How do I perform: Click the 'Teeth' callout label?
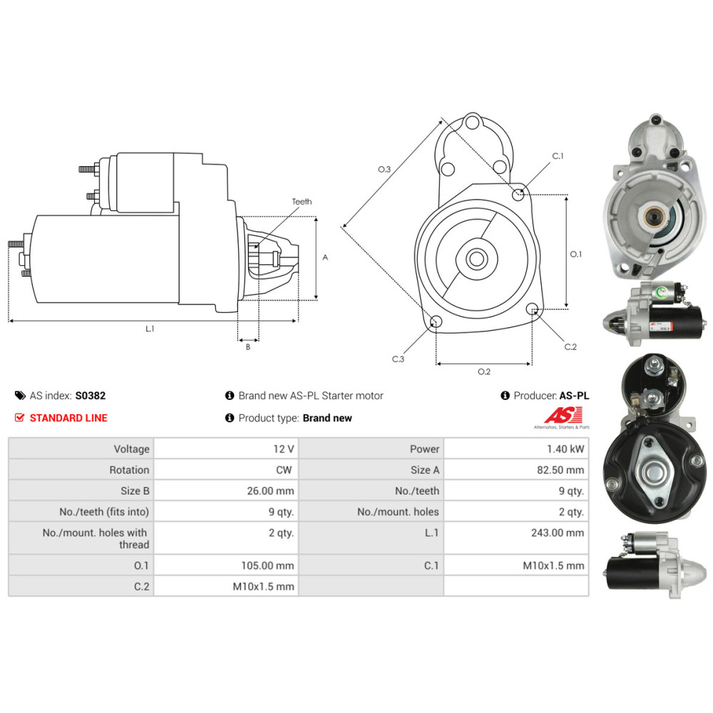click(302, 202)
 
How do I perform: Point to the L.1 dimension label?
click(150, 329)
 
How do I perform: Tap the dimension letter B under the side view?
click(247, 347)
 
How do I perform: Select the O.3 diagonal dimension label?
click(384, 169)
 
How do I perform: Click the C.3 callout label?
click(398, 359)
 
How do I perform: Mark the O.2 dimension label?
click(483, 371)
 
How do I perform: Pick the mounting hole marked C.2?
click(531, 309)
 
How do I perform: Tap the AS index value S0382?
click(90, 396)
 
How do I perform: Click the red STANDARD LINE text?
click(68, 418)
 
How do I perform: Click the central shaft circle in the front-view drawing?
click(476, 259)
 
